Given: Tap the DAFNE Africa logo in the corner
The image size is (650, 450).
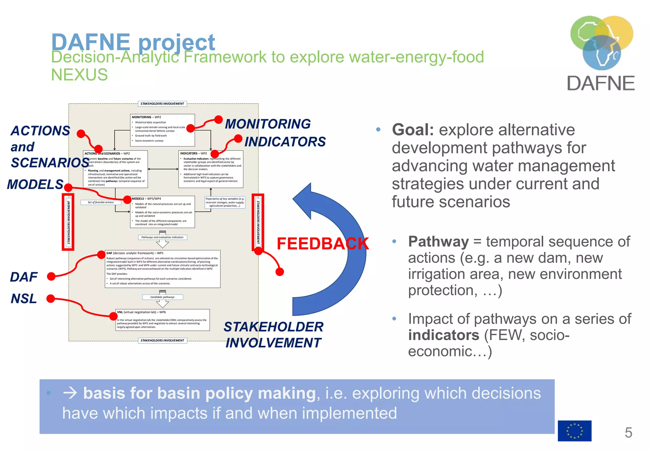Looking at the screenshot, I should coord(601,52).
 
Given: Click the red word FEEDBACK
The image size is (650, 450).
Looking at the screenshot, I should coord(322,244).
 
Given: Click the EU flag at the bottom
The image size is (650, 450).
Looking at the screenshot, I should coord(574,431).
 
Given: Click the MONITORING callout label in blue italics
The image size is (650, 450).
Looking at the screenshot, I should coord(268,124).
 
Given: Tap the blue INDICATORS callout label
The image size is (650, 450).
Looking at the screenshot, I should coord(285,142).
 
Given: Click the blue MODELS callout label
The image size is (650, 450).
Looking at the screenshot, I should coord(35,184).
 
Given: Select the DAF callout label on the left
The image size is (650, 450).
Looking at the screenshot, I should coord(24,277).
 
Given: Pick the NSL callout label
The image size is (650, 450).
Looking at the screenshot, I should coord(24,299).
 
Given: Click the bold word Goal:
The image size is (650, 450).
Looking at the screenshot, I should coord(413,130).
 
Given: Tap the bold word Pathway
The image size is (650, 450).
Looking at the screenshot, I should coord(438,242).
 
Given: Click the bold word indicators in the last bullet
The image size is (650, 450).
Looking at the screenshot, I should coord(443,335).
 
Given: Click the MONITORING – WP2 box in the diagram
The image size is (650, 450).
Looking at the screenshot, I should coord(162,130).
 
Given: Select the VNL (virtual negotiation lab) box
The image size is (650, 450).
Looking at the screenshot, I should coord(162,320).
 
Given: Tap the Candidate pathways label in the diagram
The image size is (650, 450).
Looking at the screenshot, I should coord(162,297).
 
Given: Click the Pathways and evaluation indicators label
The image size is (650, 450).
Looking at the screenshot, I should coord(162,237).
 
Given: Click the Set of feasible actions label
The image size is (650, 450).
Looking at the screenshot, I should coord(101,202).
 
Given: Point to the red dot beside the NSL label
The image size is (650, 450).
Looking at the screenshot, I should coord(51,299).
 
